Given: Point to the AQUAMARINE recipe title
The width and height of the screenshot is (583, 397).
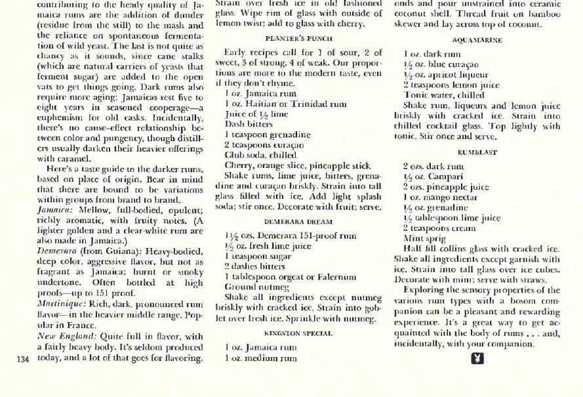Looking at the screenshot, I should tap(477, 40).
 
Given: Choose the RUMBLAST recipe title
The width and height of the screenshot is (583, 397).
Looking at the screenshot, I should tap(477, 152).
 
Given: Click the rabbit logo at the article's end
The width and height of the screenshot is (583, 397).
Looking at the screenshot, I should tap(477, 358).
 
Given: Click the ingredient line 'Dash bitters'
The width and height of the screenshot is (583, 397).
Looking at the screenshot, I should tap(249, 123).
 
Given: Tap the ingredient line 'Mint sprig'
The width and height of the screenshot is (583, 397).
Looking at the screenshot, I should tap(424, 239).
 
